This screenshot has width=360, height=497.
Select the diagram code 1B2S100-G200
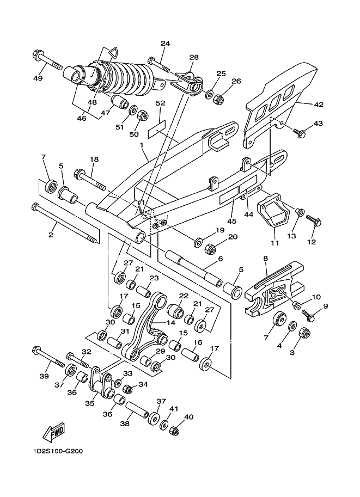click(57, 451)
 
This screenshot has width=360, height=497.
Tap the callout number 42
click(319, 105)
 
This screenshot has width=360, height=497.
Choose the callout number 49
click(38, 78)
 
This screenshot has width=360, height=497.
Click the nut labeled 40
click(174, 431)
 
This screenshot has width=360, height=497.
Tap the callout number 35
click(90, 403)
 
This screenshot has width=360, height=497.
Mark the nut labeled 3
click(305, 333)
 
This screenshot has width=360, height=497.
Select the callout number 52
click(161, 103)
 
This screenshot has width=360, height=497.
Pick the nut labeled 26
click(218, 99)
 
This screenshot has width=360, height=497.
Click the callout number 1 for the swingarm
click(142, 145)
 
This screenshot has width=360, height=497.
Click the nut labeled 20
click(211, 249)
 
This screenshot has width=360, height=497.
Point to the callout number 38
click(125, 424)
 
